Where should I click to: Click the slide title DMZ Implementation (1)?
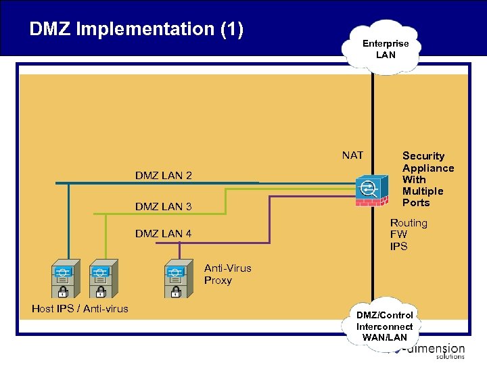coord(136,29)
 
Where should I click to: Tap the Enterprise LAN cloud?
coord(385,49)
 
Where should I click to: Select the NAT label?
coord(352,155)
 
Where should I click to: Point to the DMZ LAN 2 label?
coord(163,176)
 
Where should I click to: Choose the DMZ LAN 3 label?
coord(163,207)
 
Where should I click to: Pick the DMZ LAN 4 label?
coord(163,234)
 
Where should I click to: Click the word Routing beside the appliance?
coord(409,223)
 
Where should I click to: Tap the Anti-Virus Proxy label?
coord(227,274)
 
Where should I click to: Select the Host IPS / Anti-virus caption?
coord(80,309)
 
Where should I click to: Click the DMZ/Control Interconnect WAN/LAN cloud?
coord(385,326)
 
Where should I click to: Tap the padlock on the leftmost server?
coord(62,291)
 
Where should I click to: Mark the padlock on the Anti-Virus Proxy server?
coord(176,291)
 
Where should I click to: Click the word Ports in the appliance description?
coord(416,203)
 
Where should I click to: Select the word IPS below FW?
coord(398,246)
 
